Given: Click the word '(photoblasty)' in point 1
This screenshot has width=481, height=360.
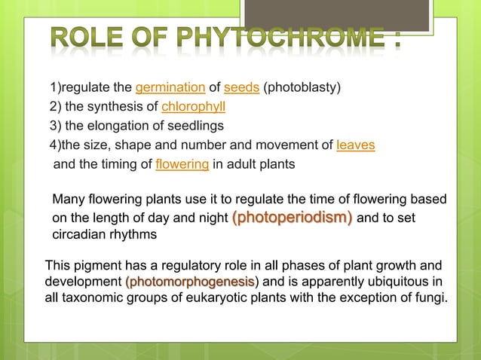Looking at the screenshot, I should click(x=302, y=87).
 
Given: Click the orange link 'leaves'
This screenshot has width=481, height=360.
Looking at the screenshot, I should click(x=356, y=144).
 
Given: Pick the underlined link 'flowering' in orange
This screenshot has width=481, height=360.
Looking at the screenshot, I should click(x=182, y=163).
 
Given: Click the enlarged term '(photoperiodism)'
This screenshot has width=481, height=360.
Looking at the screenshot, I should click(x=293, y=218).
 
